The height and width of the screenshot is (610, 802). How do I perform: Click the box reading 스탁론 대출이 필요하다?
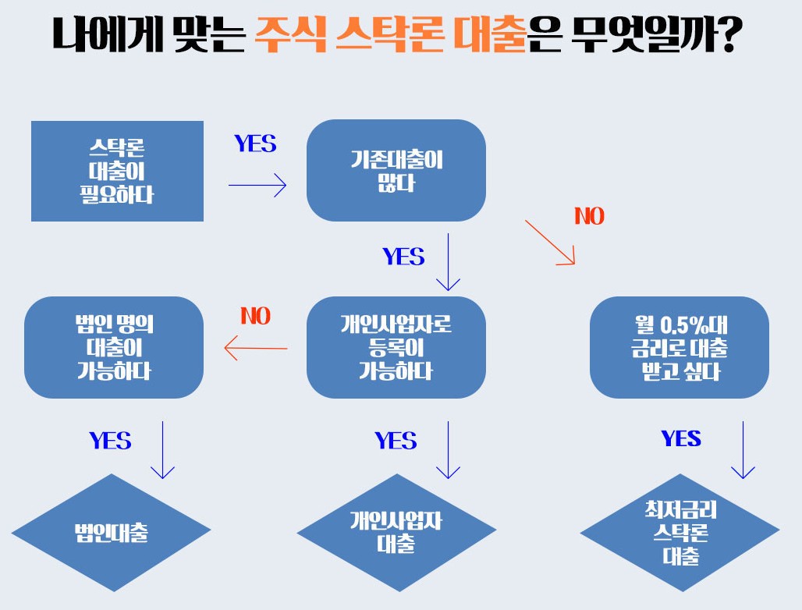point(117,171)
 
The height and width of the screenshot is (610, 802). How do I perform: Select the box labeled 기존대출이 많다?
point(396,171)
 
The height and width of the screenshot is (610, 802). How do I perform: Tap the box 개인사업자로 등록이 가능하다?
point(396,347)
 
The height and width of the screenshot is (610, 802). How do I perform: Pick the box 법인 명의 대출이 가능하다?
point(115,347)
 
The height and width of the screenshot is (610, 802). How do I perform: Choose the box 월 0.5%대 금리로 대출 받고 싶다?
point(679,347)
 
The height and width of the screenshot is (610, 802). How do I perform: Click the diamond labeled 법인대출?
point(111,533)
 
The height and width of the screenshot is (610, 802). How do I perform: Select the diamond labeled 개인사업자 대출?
point(396,533)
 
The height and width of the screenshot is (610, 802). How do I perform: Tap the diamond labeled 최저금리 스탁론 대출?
point(679,533)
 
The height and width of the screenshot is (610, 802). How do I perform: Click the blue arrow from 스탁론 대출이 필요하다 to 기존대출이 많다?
point(257,186)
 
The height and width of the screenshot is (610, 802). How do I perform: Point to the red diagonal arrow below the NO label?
point(550,243)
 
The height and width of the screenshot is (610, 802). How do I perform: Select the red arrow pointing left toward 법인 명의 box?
point(256,348)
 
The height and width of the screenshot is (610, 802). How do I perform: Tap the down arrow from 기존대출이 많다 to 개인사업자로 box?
point(448,261)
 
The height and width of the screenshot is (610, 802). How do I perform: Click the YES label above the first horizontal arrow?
point(255,144)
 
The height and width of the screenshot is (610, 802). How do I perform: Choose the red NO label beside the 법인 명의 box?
point(255,316)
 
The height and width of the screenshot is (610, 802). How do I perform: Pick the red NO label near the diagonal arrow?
point(589,216)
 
